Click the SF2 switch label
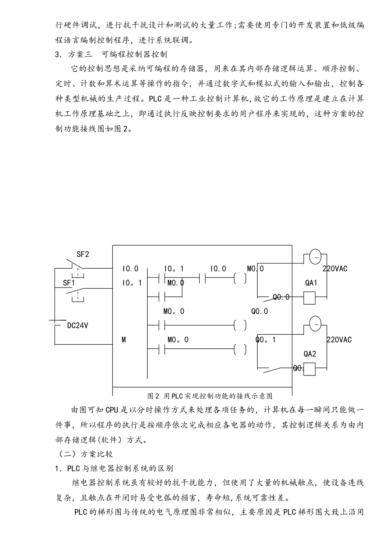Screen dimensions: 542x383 point(83,254)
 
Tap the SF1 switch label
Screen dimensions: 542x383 point(69,283)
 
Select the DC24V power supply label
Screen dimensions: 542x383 point(77,325)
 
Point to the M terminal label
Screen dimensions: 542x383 point(124,340)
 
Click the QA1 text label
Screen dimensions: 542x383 point(311,283)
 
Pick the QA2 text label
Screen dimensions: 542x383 point(310,354)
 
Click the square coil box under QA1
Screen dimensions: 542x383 point(309,298)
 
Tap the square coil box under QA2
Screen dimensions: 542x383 point(309,369)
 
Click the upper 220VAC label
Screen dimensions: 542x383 point(335,269)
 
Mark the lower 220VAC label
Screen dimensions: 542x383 point(339,340)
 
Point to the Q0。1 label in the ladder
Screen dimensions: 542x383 point(266,340)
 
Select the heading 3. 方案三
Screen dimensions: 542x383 point(111,54)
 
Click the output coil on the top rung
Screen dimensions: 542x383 point(240,278)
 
